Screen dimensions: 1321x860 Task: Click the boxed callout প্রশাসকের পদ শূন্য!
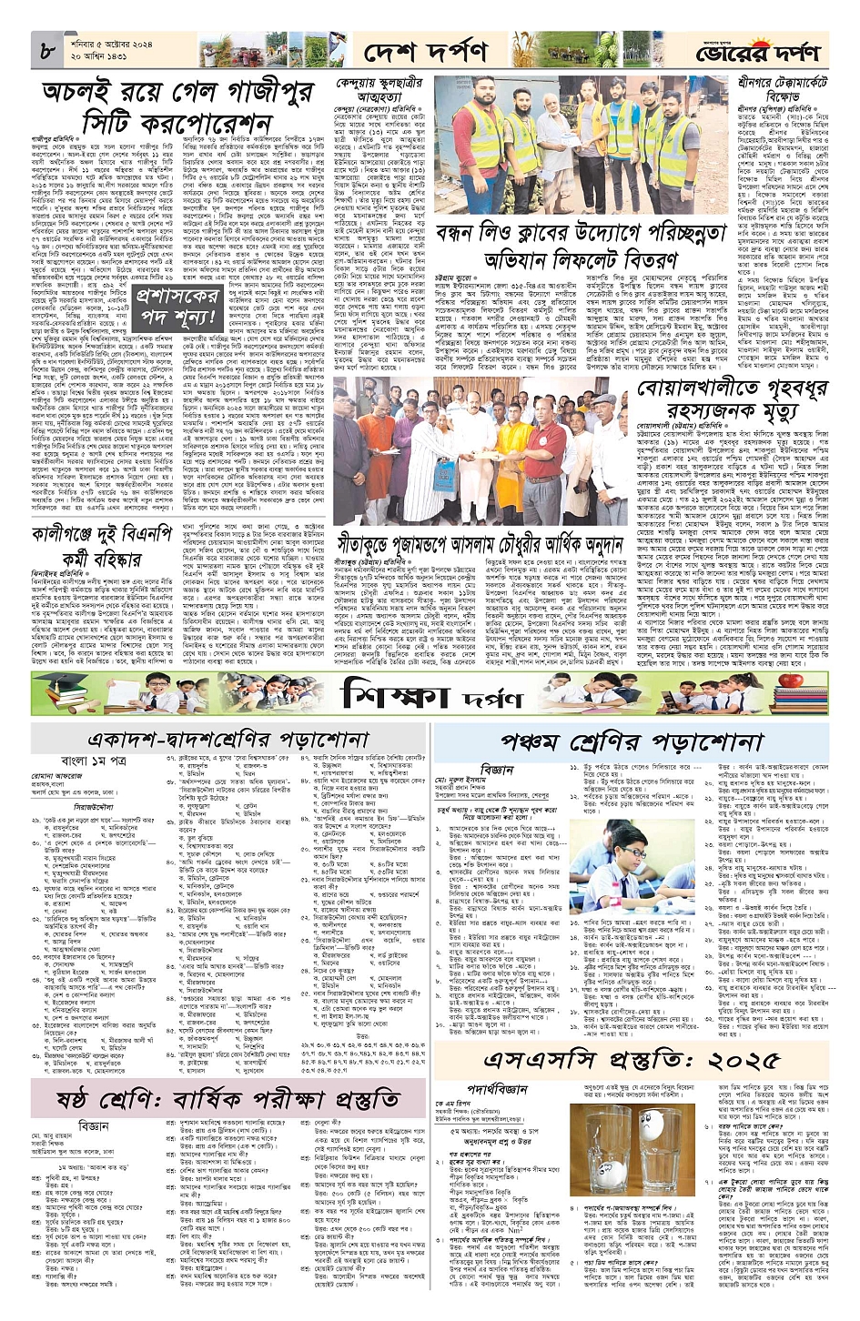177,307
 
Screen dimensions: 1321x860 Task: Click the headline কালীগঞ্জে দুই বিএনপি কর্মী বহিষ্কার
100,543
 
